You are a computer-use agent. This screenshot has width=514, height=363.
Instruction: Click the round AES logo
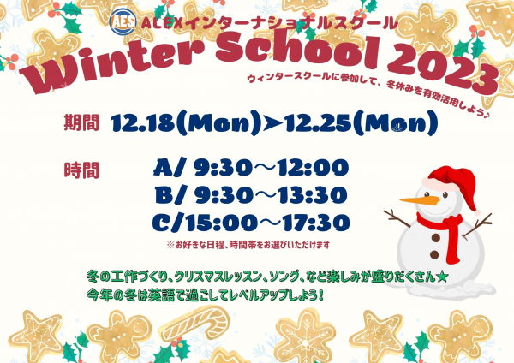pos(123,21)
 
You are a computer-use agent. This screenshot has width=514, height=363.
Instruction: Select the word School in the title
pos(297,50)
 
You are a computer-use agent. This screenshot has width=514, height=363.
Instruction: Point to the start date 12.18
pos(142,123)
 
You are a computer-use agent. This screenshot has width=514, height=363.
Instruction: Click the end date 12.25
pos(319,123)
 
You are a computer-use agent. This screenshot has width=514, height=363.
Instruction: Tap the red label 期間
pos(81,122)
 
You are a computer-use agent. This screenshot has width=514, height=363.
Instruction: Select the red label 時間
pos(81,170)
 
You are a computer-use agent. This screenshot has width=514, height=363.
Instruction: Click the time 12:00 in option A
pos(313,168)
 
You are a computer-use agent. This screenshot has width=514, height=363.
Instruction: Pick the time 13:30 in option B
pos(313,195)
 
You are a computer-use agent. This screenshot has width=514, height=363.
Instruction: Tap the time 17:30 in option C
pos(316,223)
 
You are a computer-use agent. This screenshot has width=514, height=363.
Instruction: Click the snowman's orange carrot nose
pos(420,200)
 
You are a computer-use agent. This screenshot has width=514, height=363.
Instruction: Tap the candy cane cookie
pos(197,324)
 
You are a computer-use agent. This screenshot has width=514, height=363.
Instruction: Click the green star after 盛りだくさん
pos(442,277)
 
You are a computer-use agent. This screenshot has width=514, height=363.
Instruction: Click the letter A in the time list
pos(164,168)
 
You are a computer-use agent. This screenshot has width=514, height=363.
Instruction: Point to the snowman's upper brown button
pos(436,238)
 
